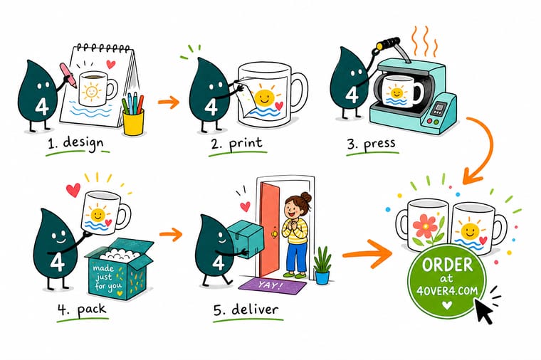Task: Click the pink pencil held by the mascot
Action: tap(68, 75)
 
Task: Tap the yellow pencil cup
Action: tap(134, 122)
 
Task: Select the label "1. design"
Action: tap(76, 143)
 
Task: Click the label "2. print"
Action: tap(236, 144)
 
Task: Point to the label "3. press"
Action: tap(371, 144)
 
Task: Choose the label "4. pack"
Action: tap(82, 309)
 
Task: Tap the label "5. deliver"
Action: tap(246, 309)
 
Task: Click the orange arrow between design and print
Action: tap(169, 102)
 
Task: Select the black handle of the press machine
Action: tap(388, 43)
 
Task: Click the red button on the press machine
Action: tap(430, 121)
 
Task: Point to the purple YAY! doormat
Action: tap(273, 286)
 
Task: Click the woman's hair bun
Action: tap(305, 198)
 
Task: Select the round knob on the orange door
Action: tap(275, 234)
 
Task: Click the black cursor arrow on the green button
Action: tap(483, 310)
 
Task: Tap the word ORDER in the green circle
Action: tap(447, 265)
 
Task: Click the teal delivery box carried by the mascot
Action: tap(246, 238)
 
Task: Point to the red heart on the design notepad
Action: tap(111, 64)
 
